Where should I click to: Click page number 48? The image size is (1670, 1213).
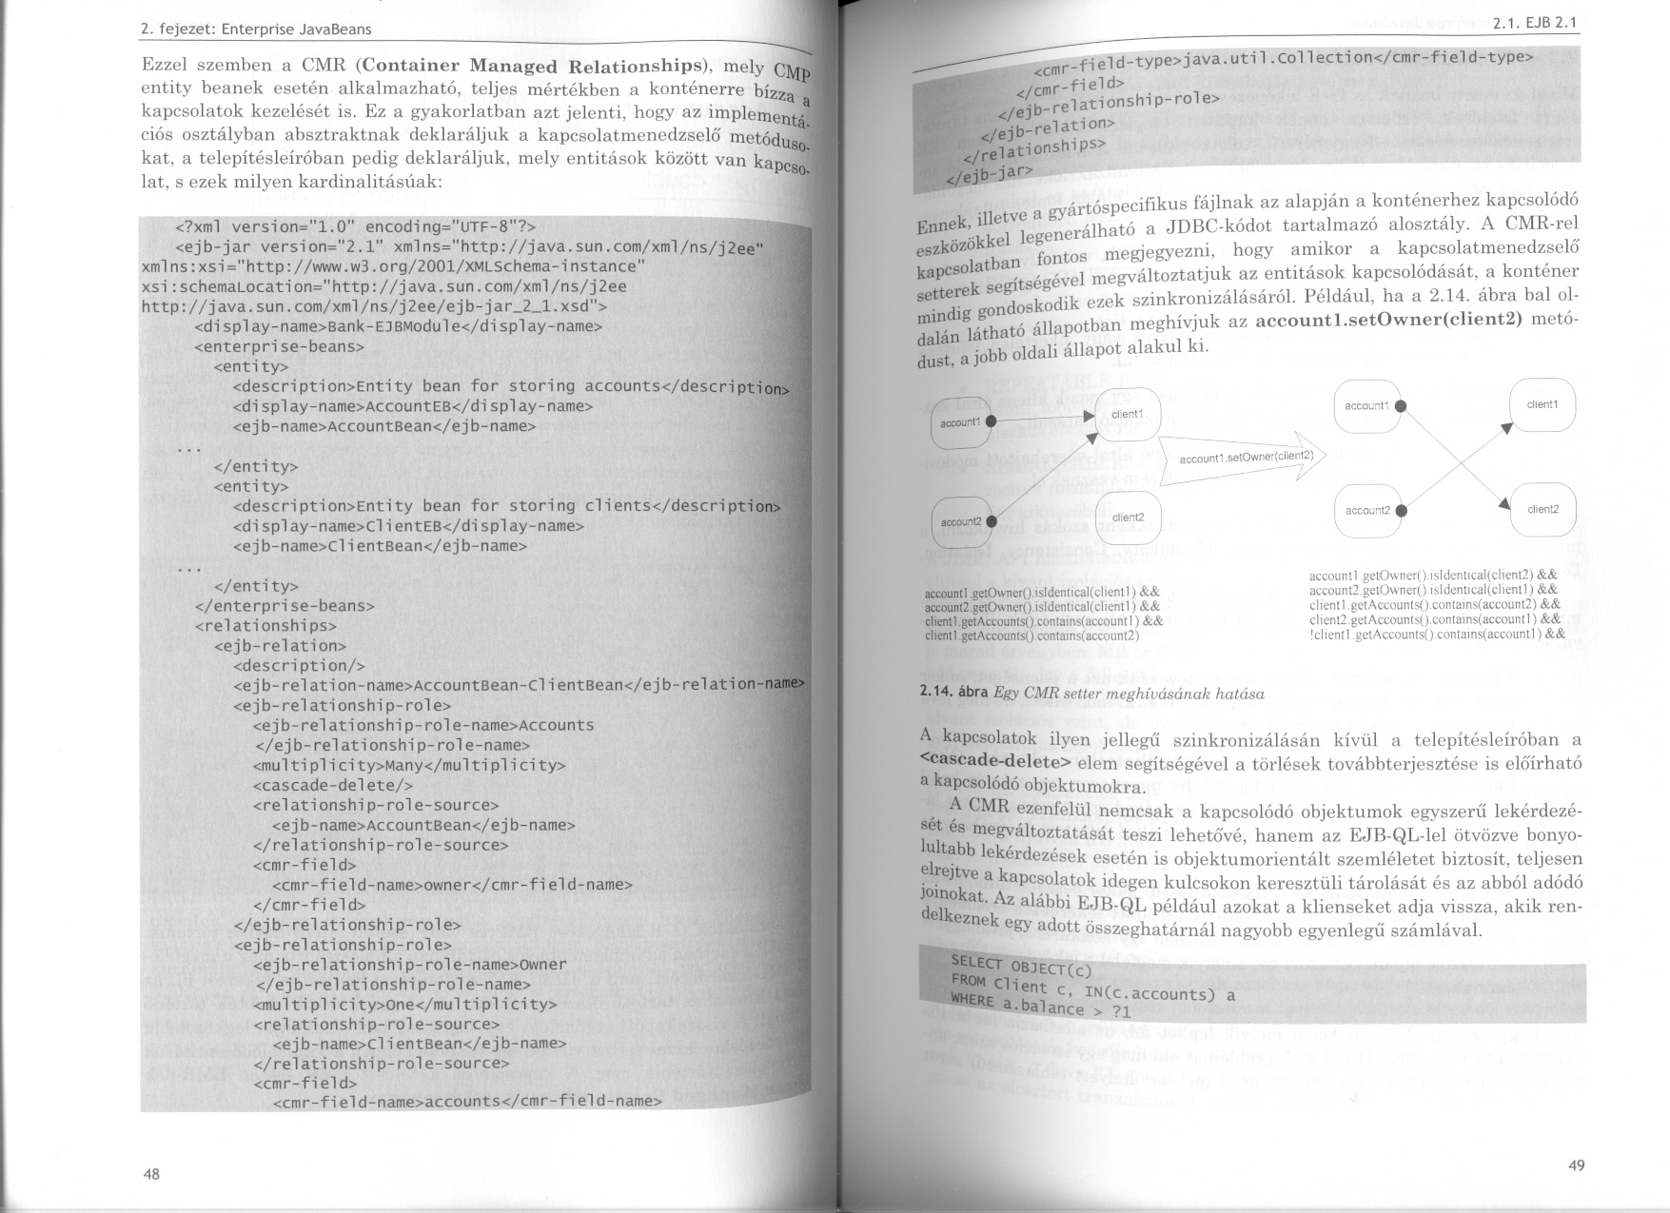(151, 1174)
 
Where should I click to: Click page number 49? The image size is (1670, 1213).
(1576, 1165)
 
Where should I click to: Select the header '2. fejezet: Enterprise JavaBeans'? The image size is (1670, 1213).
(255, 29)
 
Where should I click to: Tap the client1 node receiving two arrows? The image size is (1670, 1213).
(1128, 415)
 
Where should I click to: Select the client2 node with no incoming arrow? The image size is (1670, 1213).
(1128, 518)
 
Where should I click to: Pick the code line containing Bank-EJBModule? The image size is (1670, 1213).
(398, 326)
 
